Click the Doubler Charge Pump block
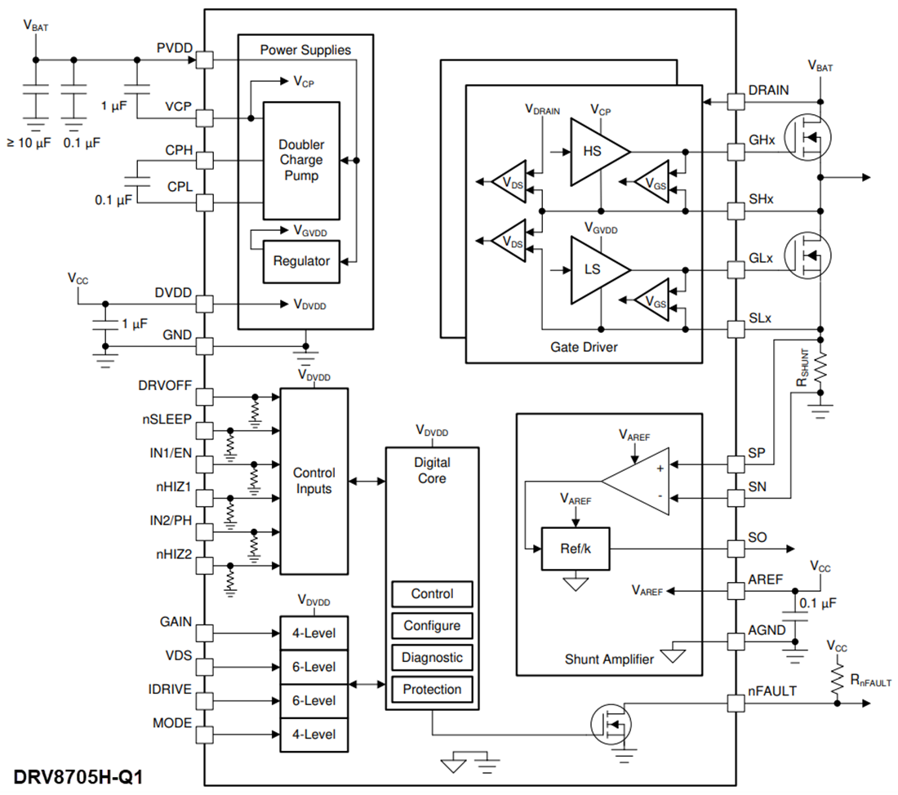(300, 161)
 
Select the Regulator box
(301, 261)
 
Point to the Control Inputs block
(313, 480)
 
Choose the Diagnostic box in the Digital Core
(432, 657)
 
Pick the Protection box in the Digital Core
(432, 689)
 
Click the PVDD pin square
(204, 60)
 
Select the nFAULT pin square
(736, 702)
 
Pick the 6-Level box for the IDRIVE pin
(314, 700)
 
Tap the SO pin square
(736, 549)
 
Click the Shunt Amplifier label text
(609, 659)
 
